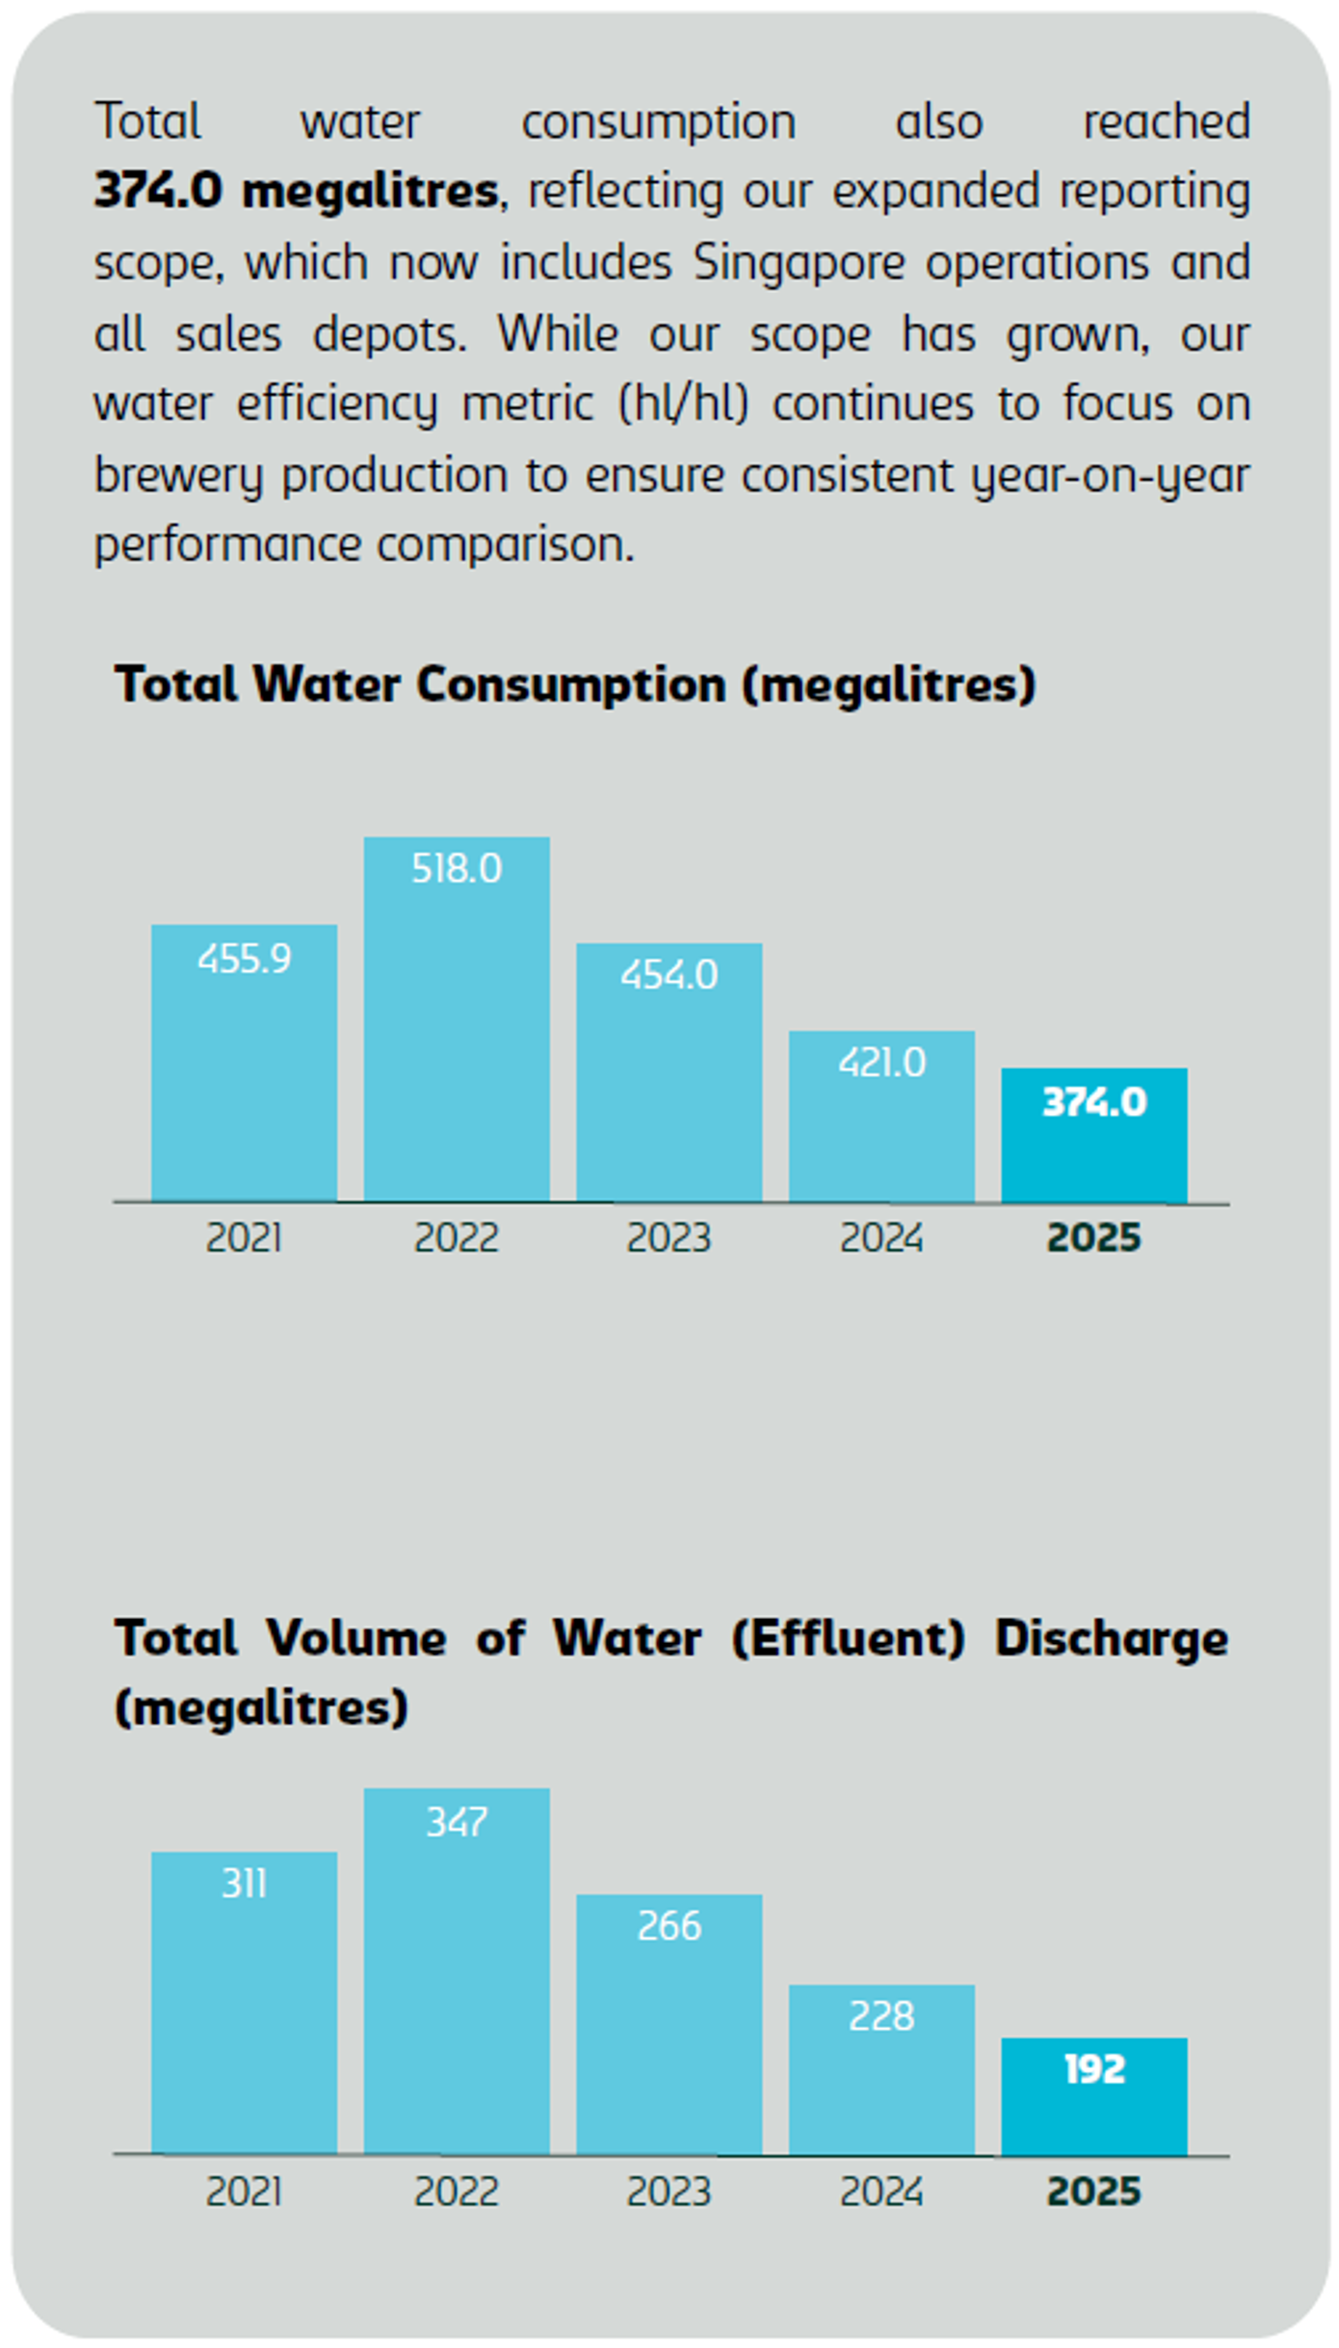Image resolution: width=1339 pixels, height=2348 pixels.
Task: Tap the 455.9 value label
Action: [x=244, y=959]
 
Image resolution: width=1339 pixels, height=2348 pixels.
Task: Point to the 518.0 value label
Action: [x=456, y=870]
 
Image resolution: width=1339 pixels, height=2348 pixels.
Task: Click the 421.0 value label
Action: [x=881, y=1063]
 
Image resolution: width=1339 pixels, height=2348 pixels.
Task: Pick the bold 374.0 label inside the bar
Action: [x=1093, y=1103]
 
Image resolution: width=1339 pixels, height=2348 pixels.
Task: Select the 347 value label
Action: [x=456, y=1822]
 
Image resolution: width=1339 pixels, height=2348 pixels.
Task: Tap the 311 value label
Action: [x=244, y=1884]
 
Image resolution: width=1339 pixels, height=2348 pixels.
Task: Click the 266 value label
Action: [x=669, y=1926]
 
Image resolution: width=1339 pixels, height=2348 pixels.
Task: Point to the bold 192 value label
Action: [x=1093, y=2070]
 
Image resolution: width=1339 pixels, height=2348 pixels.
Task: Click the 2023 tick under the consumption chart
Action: [x=669, y=1238]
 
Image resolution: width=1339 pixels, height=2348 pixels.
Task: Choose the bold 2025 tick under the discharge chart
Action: [x=1093, y=2192]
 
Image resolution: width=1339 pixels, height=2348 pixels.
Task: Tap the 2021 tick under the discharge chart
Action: [x=244, y=2192]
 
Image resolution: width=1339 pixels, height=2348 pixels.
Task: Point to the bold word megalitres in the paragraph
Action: [x=370, y=191]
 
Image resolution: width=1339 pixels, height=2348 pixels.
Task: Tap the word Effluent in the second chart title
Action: [x=848, y=1639]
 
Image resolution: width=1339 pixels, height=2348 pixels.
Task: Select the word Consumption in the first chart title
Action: [x=571, y=686]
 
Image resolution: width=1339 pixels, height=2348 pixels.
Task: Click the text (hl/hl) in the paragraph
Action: [x=683, y=404]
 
